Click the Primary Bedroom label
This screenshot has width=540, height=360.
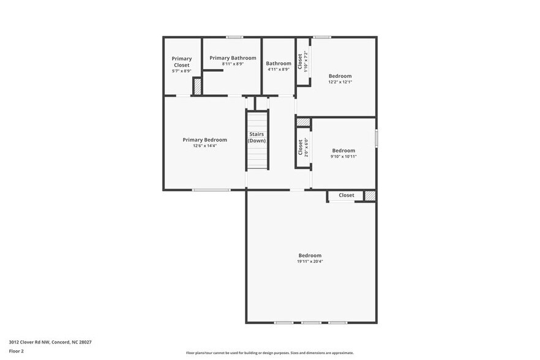(204, 140)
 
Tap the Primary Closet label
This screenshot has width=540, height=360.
(181, 61)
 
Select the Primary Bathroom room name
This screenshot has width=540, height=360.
(233, 58)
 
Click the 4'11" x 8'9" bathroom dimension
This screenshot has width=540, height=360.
(279, 69)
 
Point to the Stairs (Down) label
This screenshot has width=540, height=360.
(257, 137)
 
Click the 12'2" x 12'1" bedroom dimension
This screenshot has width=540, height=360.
(340, 82)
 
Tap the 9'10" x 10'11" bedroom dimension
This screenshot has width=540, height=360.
(343, 157)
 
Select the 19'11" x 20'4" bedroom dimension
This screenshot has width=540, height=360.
(310, 261)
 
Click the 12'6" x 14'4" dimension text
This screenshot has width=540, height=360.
(204, 146)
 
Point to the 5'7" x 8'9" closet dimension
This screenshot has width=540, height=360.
(181, 71)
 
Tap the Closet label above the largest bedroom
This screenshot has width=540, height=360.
(347, 195)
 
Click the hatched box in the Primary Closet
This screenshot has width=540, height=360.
(198, 87)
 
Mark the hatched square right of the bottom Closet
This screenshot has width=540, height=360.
(369, 195)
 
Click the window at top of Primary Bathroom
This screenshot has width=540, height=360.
(234, 37)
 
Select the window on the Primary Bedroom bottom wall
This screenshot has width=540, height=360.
(211, 190)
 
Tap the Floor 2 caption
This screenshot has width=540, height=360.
(17, 351)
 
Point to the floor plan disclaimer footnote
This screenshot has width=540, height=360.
(269, 353)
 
